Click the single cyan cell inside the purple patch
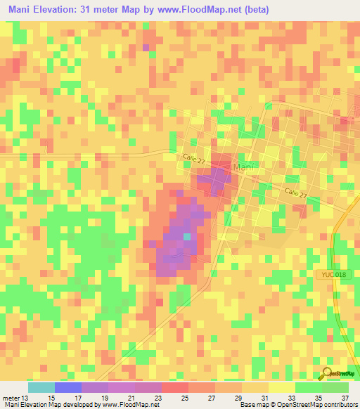point(187,237)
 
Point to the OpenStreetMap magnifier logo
point(328,373)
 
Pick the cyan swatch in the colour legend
point(41,387)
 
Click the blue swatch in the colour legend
point(67,387)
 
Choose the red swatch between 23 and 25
point(174,387)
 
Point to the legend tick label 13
point(27,398)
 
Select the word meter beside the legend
point(11,398)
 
